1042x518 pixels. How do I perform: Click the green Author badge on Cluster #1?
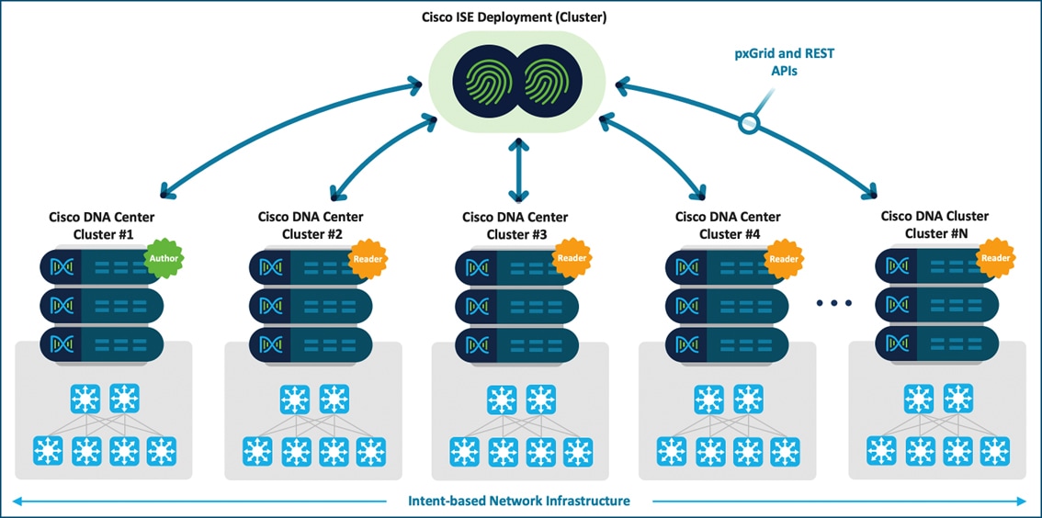[x=164, y=259]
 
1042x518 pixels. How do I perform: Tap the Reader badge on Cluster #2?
[x=368, y=259]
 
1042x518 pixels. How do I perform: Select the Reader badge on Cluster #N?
[x=995, y=258]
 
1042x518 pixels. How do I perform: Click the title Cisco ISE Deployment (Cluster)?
[x=521, y=17]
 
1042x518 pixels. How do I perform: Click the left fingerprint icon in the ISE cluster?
[x=485, y=80]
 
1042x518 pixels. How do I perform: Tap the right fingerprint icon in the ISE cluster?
[x=557, y=80]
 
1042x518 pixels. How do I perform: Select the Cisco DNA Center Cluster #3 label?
[x=515, y=226]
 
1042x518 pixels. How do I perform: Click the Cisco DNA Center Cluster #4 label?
[x=728, y=225]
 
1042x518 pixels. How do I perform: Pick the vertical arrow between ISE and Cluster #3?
[x=521, y=170]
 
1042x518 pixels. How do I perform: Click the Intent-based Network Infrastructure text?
[x=519, y=501]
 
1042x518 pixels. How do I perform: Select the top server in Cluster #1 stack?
[x=101, y=267]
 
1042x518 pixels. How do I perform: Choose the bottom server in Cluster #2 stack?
[x=310, y=343]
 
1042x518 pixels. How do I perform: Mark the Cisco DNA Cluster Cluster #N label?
[x=933, y=225]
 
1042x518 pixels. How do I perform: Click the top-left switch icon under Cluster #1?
[x=85, y=400]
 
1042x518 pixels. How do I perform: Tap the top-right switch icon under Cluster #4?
[x=749, y=400]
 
